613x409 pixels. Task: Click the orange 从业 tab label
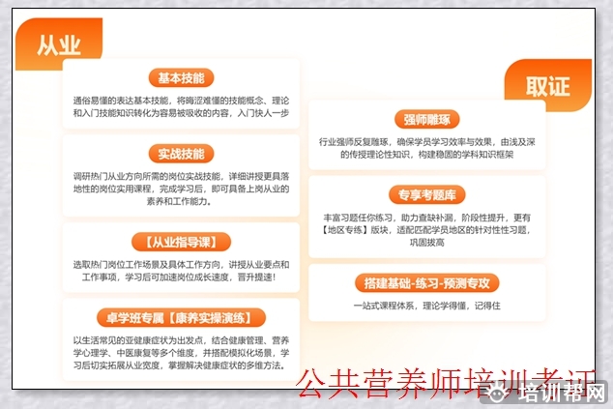[x=58, y=45]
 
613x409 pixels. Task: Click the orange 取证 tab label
[x=547, y=86]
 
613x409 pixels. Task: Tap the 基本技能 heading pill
[x=182, y=78]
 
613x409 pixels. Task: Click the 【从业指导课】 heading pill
[x=182, y=241]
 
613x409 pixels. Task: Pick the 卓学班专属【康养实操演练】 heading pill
[x=181, y=317]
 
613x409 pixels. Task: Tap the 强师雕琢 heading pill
[x=427, y=120]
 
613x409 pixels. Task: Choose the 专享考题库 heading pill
[x=426, y=193]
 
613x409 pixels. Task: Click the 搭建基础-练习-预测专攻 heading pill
[x=426, y=282]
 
